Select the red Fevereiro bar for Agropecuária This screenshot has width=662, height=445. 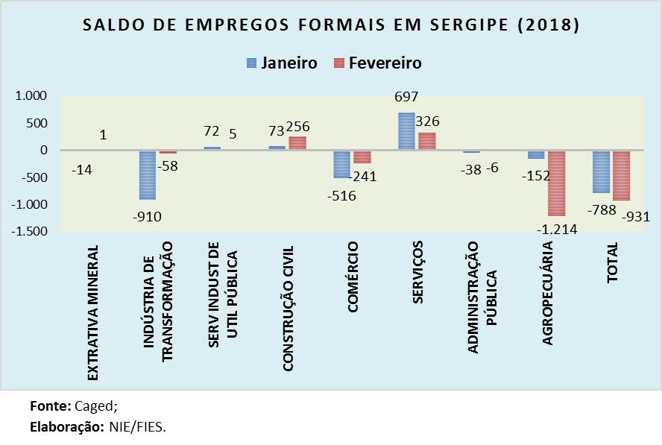556,183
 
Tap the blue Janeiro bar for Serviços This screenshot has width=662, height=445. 407,131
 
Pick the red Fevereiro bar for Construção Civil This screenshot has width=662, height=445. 297,143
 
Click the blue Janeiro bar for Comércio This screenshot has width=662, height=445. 342,164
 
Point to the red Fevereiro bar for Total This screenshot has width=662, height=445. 621,175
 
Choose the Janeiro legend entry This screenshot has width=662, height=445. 281,63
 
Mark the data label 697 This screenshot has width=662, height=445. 407,97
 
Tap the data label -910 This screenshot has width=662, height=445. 149,217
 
